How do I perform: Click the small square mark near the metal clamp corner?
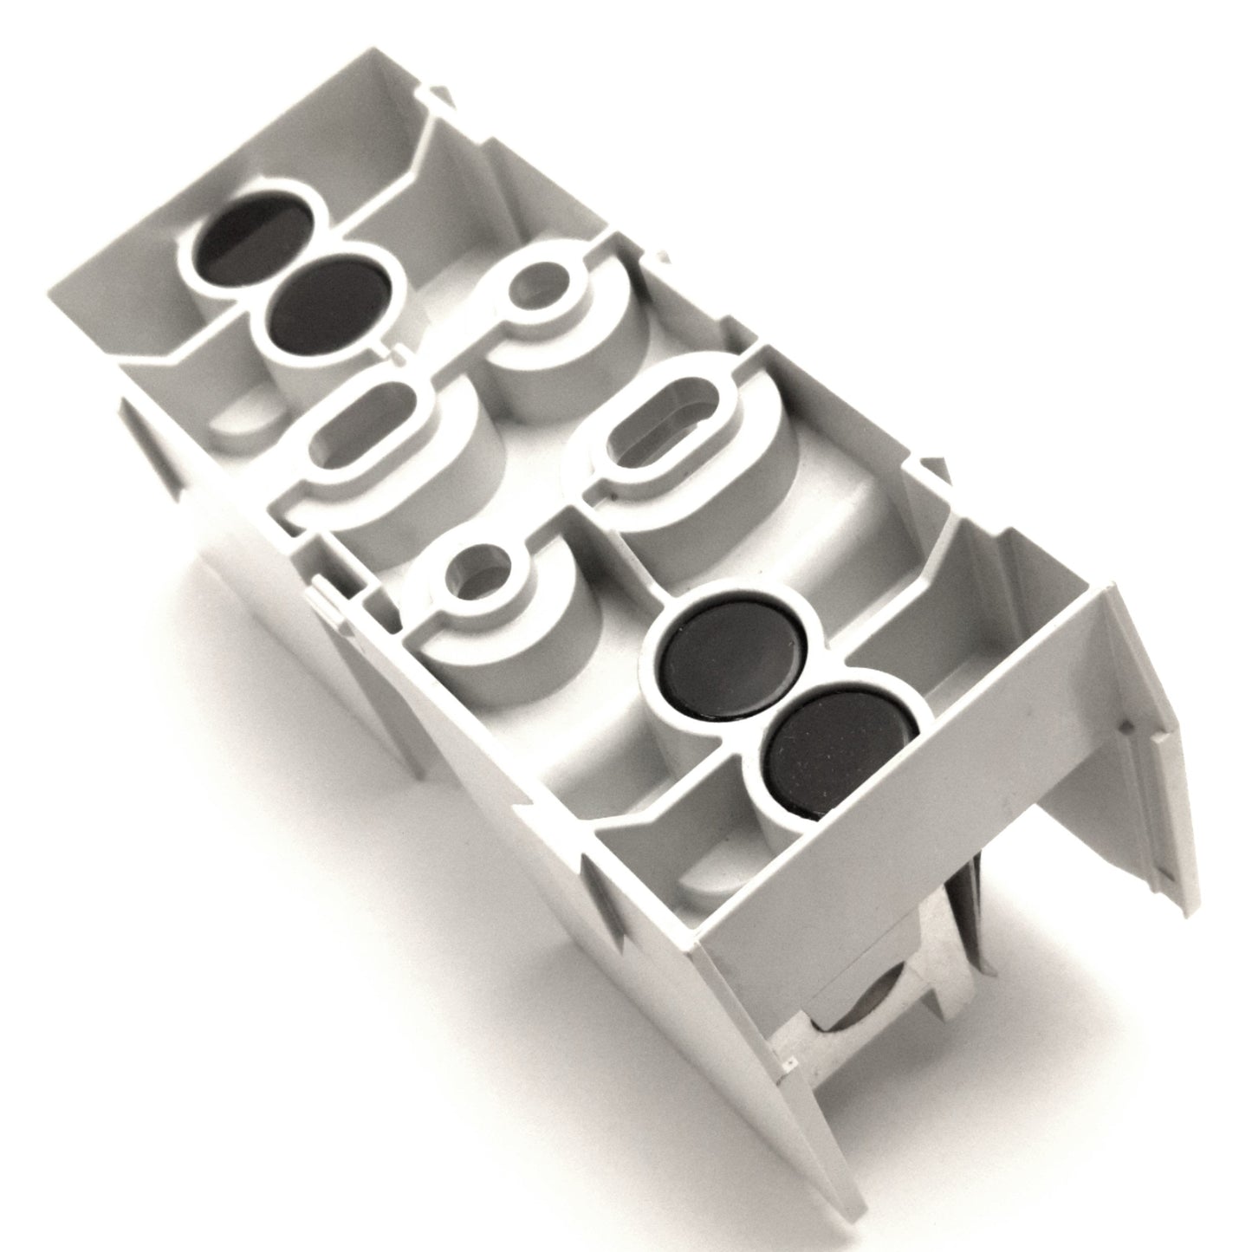tap(789, 1059)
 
